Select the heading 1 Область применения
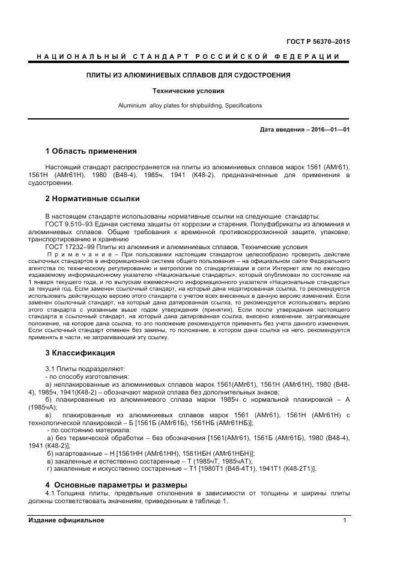click(x=91, y=151)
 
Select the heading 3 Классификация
click(x=80, y=352)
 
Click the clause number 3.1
click(x=51, y=367)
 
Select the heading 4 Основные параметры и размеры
click(x=117, y=485)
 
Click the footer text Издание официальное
click(x=65, y=521)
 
